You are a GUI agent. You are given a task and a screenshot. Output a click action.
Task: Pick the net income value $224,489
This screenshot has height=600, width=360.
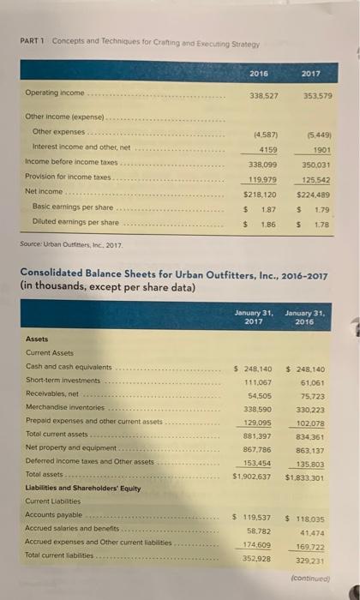click(x=309, y=194)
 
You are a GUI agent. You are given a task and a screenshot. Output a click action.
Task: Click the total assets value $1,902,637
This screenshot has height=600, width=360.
click(x=258, y=477)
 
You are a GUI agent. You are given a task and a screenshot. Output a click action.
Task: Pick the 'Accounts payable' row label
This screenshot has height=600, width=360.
click(x=56, y=516)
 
